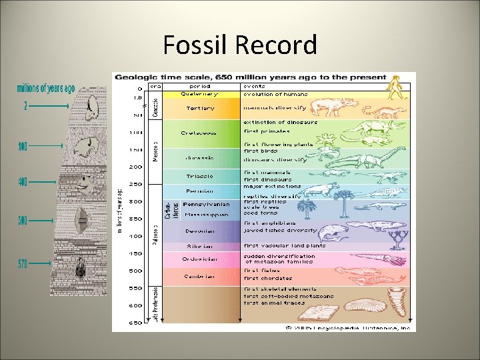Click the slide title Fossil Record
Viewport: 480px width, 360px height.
240,45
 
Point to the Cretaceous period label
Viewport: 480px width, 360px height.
199,133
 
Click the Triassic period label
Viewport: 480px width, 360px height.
199,176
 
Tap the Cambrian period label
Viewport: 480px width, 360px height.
199,276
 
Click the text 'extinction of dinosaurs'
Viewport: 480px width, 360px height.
280,123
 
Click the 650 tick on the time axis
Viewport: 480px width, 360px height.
135,323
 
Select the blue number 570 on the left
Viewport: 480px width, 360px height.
23,264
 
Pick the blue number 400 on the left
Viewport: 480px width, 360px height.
23,181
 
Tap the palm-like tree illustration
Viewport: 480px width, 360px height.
345,203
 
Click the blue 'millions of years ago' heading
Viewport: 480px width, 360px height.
46,88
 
